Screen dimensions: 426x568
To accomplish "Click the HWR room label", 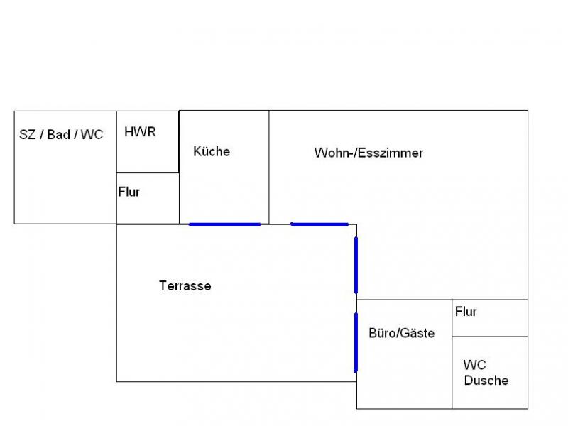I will coord(140,132).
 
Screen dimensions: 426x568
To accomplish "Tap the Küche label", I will coord(212,151).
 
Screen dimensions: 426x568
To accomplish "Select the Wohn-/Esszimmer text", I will coord(368,153).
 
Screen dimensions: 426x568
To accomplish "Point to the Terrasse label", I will coord(185,286).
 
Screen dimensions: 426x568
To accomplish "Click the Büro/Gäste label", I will coord(401,333).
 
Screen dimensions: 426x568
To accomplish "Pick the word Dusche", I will coord(486,381).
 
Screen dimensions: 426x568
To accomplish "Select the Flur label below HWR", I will coord(129,192).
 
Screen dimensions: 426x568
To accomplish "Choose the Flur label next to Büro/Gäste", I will coord(466,312).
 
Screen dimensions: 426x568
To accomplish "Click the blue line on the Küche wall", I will coord(225,224).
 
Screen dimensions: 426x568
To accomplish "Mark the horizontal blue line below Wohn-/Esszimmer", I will coord(319,224).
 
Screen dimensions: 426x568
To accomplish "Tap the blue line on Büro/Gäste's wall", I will coord(356,342).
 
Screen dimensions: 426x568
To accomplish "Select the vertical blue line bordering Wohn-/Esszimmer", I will coord(356,265).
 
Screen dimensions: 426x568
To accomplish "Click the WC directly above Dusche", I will coord(474,366).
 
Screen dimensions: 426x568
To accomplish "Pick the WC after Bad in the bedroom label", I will coord(92,135).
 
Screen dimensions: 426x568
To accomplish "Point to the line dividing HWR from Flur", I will coord(148,173).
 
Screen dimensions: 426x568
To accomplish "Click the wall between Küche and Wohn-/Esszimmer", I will coord(269,167).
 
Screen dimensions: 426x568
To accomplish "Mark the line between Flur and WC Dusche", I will coord(490,337).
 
